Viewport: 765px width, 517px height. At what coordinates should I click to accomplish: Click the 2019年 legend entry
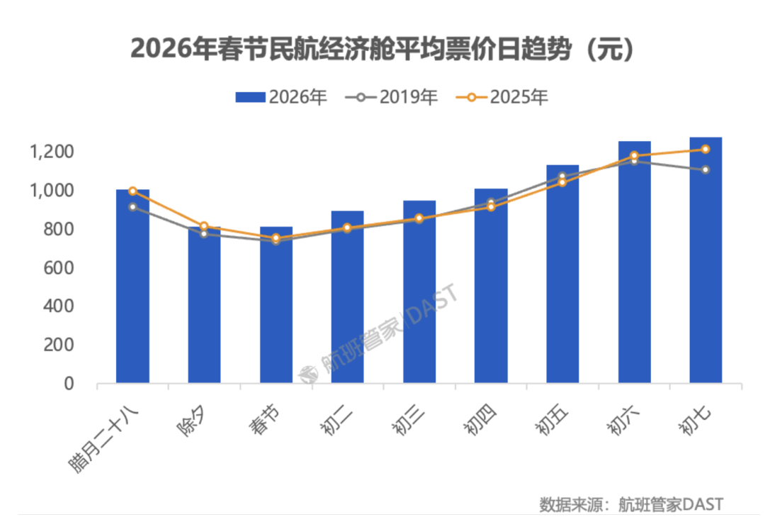pyautogui.click(x=391, y=97)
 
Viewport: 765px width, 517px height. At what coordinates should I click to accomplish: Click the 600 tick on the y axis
pyautogui.click(x=59, y=268)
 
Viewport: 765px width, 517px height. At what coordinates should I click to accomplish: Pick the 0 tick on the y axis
pyautogui.click(x=69, y=384)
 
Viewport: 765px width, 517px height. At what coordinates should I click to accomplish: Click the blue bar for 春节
pyautogui.click(x=276, y=305)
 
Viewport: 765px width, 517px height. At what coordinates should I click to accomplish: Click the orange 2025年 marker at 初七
pyautogui.click(x=705, y=149)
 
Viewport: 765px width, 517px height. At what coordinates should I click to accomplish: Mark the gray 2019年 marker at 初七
pyautogui.click(x=705, y=169)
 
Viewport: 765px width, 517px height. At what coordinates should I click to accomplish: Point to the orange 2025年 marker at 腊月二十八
pyautogui.click(x=132, y=191)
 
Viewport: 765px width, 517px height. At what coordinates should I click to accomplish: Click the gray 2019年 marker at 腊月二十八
pyautogui.click(x=132, y=207)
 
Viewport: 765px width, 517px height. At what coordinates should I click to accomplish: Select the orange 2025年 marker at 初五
pyautogui.click(x=562, y=182)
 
